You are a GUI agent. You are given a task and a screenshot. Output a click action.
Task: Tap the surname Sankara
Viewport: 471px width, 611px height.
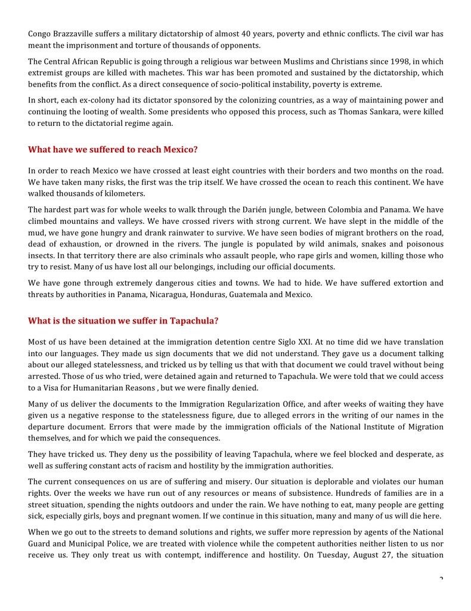click(389, 112)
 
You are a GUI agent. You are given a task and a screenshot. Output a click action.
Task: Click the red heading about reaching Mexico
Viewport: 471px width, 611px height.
click(113, 150)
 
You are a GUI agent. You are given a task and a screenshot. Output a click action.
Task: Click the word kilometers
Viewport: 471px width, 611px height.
click(123, 194)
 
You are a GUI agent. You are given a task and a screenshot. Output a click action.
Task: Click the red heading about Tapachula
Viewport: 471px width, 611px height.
click(123, 321)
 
